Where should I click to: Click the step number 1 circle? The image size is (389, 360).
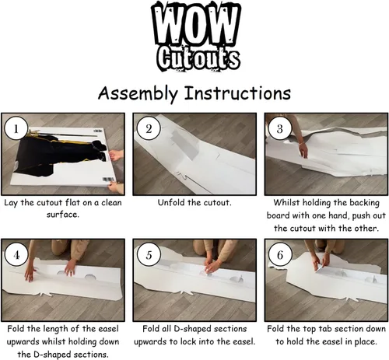(16, 128)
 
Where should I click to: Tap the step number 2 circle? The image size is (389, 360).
(149, 128)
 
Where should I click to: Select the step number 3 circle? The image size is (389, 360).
(280, 128)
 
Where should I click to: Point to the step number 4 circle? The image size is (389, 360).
(16, 255)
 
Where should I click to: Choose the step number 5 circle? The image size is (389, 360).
(149, 255)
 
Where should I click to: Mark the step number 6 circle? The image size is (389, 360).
(280, 255)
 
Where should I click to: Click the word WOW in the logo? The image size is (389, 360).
(196, 26)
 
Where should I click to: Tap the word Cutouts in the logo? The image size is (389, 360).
(198, 58)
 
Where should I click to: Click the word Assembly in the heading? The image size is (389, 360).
(138, 93)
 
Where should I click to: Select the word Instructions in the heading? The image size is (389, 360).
(237, 93)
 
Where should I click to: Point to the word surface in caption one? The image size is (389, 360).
(62, 215)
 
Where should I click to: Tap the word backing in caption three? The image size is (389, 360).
(364, 203)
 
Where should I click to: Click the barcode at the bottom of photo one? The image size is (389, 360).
(109, 180)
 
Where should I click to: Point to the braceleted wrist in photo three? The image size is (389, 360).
(301, 144)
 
